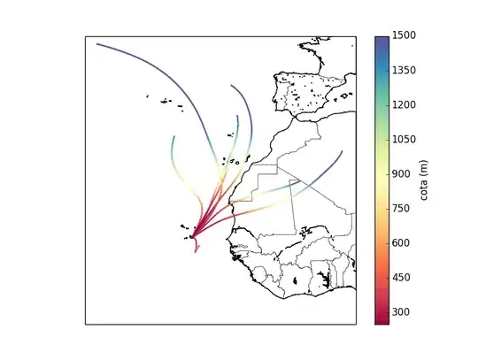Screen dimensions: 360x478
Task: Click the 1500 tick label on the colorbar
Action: click(405, 35)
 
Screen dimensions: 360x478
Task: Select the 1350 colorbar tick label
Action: click(405, 70)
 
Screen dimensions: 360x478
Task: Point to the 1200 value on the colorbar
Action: click(405, 104)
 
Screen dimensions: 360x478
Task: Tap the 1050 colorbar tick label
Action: click(405, 139)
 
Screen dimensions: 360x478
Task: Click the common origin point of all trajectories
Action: click(192, 236)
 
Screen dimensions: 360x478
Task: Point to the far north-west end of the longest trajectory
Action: click(97, 43)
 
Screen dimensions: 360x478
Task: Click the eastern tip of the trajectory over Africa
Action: click(342, 151)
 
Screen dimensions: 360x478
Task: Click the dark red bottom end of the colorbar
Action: click(382, 319)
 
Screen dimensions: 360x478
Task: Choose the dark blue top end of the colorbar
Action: click(382, 40)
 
